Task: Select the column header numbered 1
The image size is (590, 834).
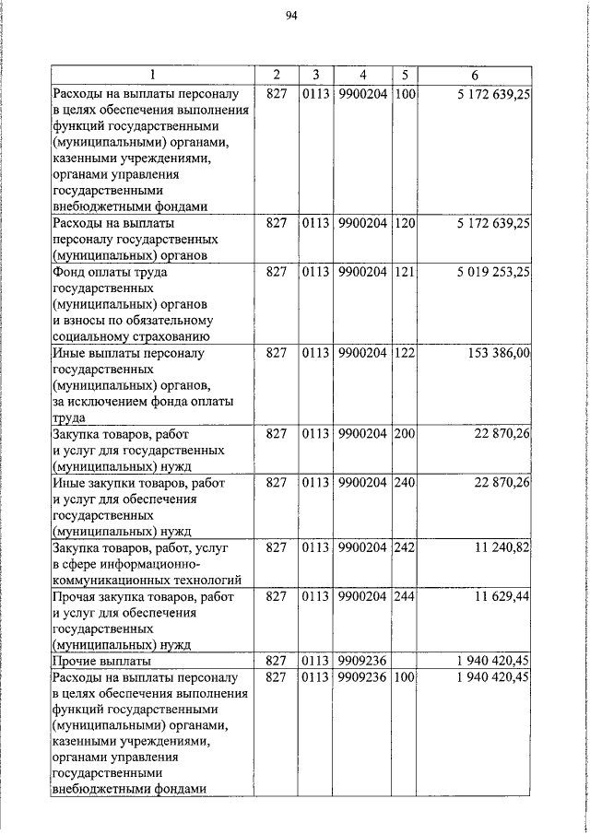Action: pos(152,76)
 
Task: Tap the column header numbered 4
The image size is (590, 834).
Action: pos(362,76)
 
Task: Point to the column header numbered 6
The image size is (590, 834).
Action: pos(474,76)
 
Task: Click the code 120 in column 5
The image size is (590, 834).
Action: pos(404,223)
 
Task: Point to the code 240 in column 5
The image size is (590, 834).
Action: pos(404,482)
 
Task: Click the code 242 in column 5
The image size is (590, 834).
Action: pos(404,546)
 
